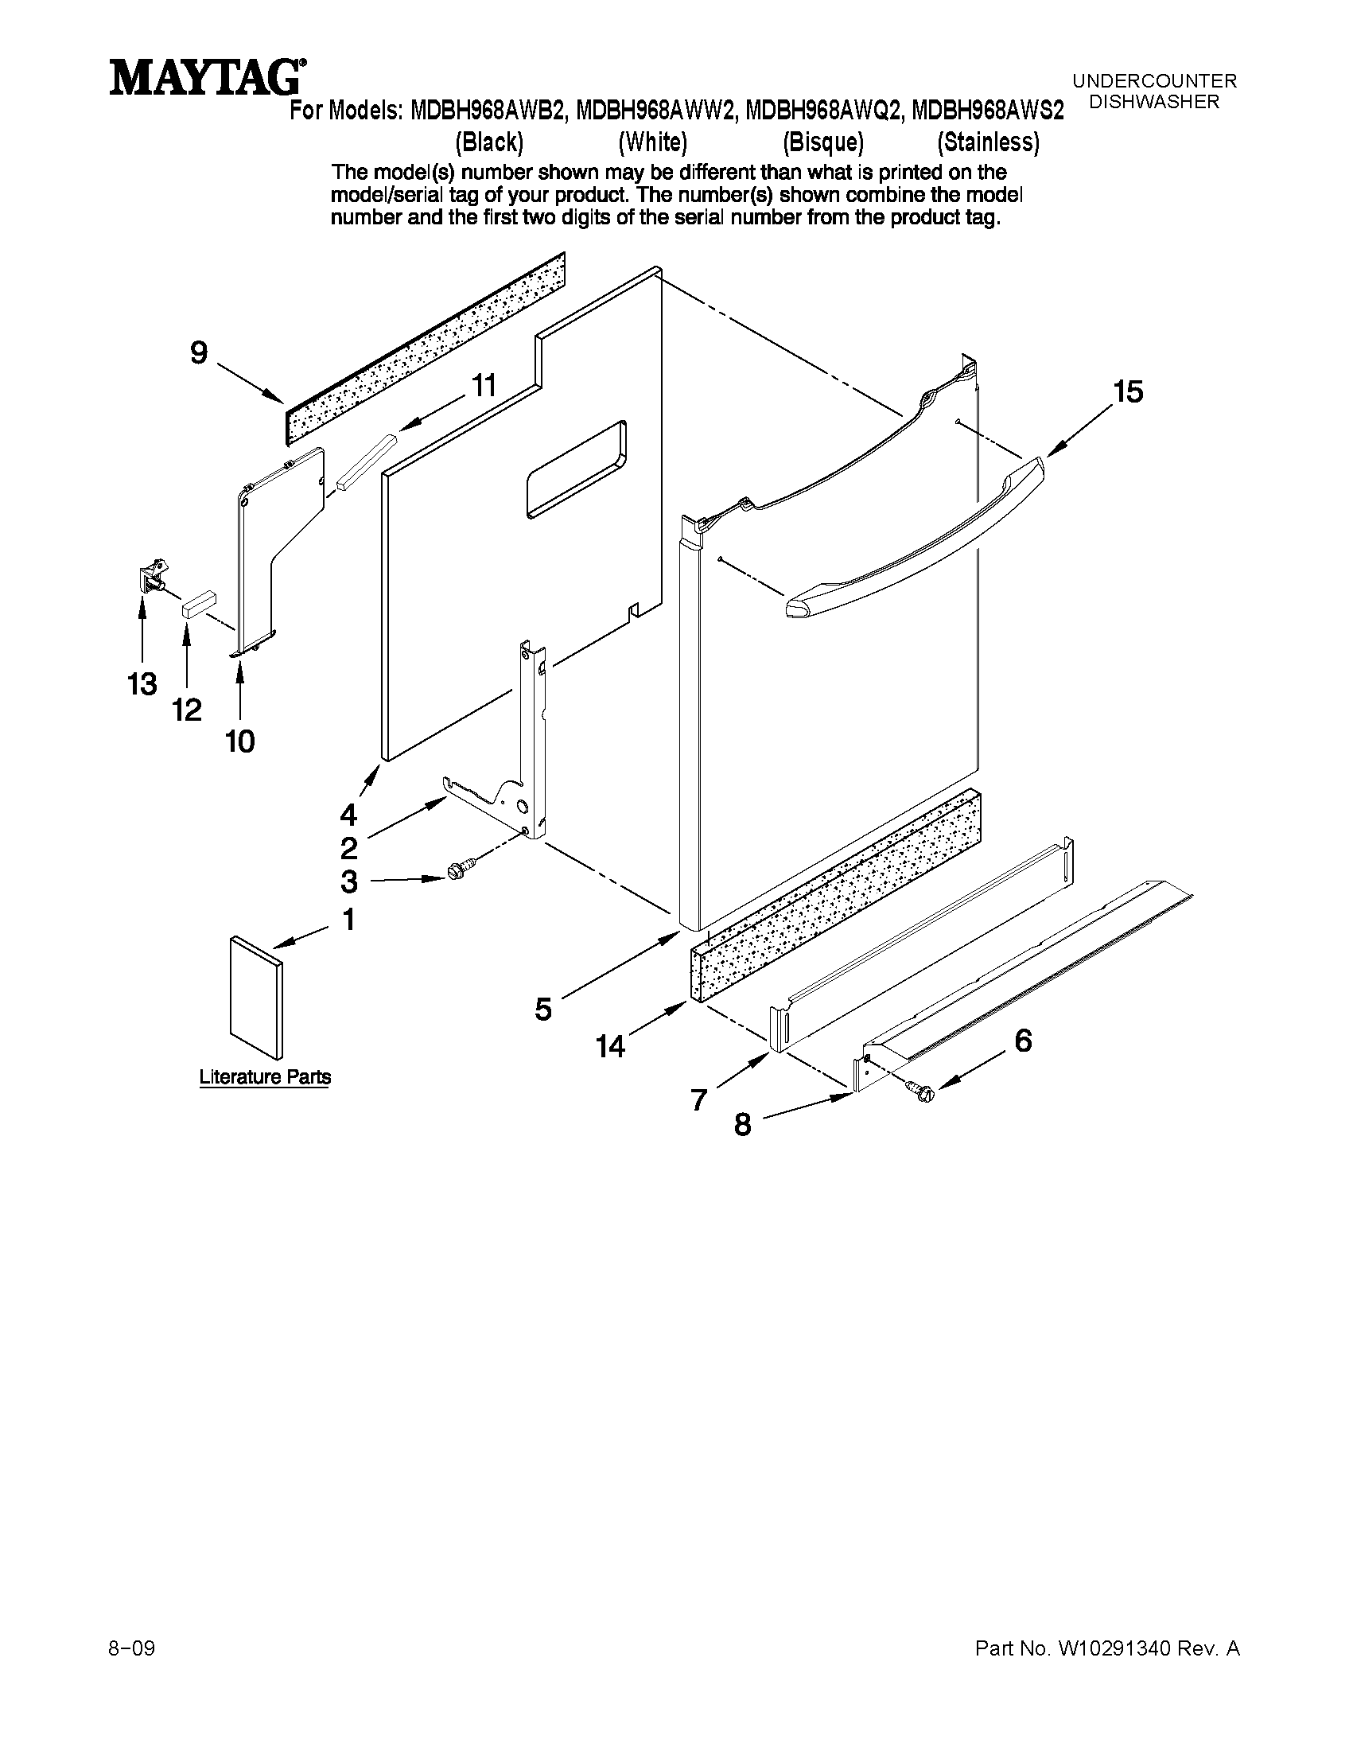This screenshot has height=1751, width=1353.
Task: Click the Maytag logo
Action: click(x=207, y=78)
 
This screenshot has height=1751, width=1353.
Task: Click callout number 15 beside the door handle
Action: click(x=1127, y=392)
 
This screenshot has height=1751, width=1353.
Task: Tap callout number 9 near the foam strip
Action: click(x=199, y=352)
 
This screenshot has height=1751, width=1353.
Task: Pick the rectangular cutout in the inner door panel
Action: click(x=576, y=469)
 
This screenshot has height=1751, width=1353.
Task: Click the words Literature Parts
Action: click(x=265, y=1076)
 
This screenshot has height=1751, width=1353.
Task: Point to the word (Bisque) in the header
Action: click(x=823, y=142)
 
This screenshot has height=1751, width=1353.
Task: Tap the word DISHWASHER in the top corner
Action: click(x=1154, y=102)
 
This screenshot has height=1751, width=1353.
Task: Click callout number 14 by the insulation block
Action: click(x=610, y=1046)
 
